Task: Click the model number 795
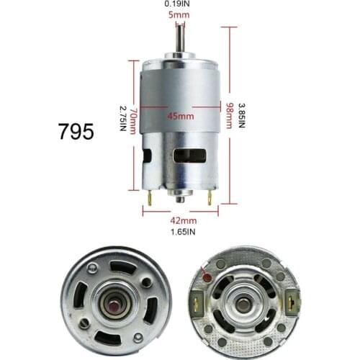[76, 131]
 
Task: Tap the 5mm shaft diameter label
[180, 14]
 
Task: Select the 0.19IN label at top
[180, 4]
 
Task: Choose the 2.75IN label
[123, 119]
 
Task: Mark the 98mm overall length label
[229, 115]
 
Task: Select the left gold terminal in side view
[149, 198]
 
